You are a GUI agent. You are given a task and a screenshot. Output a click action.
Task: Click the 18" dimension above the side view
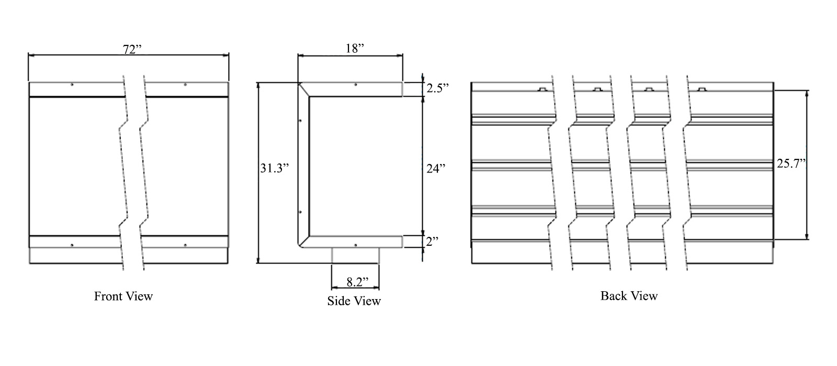tap(355, 49)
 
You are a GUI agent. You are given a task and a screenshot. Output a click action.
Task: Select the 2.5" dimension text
tap(437, 88)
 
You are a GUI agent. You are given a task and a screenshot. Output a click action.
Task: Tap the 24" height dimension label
tap(435, 168)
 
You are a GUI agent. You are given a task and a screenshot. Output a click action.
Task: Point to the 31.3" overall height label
tap(274, 168)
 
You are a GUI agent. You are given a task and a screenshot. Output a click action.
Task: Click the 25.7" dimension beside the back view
tap(790, 164)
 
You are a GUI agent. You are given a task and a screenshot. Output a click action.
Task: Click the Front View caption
tap(123, 296)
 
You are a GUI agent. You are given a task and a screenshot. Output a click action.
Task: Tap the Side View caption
tap(354, 301)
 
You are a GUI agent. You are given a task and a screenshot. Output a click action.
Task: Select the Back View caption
tap(629, 296)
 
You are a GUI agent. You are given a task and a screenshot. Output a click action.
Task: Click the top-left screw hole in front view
tap(72, 85)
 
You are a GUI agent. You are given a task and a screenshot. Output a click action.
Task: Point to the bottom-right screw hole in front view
tap(185, 245)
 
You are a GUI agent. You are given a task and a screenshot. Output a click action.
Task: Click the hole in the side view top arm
tap(356, 85)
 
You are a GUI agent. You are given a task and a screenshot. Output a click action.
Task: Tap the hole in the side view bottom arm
tap(356, 245)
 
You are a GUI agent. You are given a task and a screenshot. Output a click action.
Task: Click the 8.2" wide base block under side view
tap(355, 255)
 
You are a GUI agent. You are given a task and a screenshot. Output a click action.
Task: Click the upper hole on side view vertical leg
tap(300, 121)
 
